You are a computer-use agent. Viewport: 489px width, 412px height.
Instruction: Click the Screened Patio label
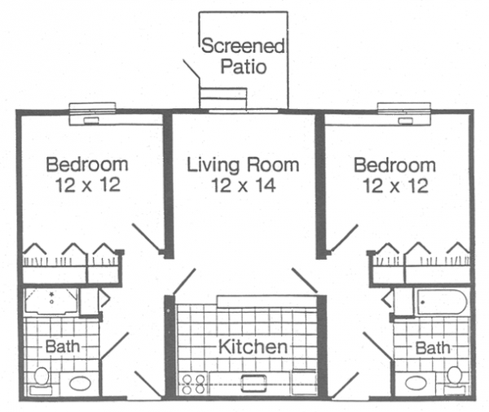243,56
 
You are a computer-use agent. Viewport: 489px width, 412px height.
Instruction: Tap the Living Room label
243,164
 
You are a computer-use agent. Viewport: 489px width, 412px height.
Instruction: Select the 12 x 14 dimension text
244,185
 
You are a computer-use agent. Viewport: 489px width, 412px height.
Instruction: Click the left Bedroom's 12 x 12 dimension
88,185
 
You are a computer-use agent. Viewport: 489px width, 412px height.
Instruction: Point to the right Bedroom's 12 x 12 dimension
395,186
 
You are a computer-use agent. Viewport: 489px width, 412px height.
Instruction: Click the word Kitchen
253,347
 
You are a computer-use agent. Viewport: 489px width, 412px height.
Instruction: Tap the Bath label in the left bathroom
63,346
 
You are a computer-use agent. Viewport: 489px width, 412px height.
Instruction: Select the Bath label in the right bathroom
433,348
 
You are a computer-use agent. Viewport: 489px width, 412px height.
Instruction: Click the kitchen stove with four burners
193,384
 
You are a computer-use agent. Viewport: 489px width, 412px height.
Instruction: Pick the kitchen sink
254,384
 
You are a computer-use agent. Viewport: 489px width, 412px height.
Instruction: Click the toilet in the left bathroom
42,380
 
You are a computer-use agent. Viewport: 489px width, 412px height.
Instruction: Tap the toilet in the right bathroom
455,380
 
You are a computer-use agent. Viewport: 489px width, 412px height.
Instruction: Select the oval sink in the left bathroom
81,384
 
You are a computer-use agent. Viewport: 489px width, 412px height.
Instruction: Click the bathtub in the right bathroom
443,302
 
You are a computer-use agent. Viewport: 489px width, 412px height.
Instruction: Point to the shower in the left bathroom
51,301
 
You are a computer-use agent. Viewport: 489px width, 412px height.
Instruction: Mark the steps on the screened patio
223,99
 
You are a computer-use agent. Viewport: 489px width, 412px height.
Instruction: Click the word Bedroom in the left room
87,164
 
